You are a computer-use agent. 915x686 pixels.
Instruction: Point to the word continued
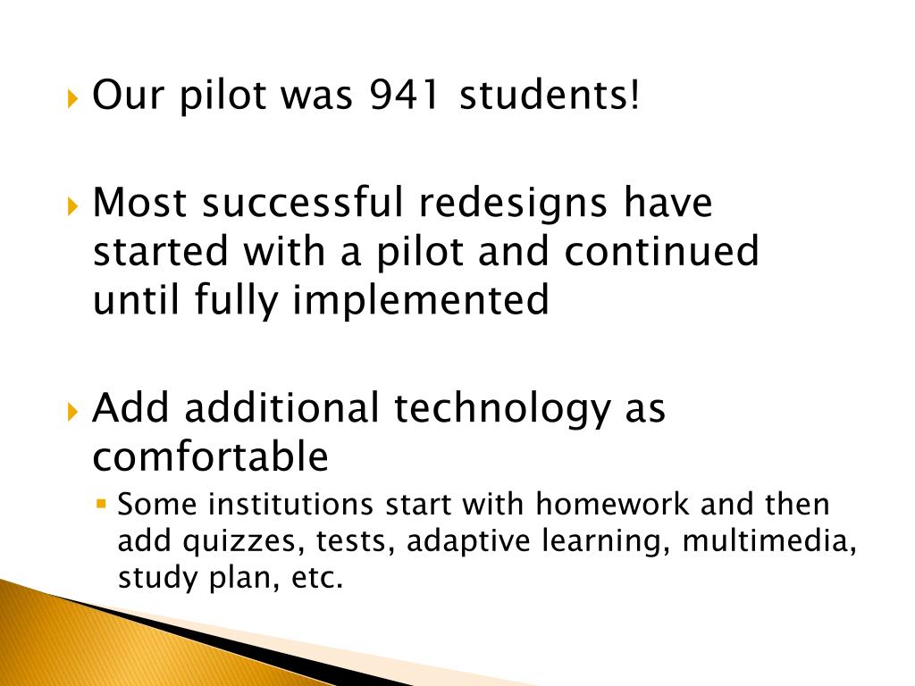pyautogui.click(x=661, y=252)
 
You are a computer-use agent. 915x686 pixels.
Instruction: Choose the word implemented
pyautogui.click(x=420, y=300)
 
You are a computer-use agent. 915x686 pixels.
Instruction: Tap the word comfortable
pyautogui.click(x=211, y=457)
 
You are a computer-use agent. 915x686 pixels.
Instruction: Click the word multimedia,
pyautogui.click(x=769, y=541)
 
